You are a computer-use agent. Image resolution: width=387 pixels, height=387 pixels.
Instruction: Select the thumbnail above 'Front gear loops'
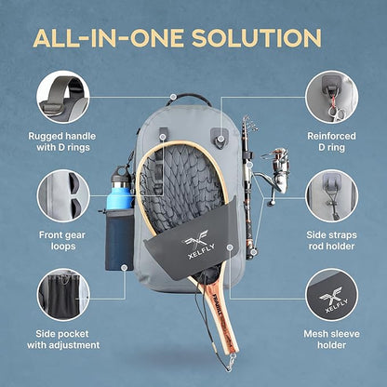63,198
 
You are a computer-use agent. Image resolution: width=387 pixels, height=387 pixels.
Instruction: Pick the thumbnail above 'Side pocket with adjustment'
63,295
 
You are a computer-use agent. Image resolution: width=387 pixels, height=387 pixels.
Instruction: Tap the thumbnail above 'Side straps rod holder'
330,196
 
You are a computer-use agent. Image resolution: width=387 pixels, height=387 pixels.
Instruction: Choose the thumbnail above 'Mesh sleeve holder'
330,295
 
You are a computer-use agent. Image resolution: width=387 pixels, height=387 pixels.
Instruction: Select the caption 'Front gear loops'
63,242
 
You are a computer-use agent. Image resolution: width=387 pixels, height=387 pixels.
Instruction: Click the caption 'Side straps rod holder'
330,242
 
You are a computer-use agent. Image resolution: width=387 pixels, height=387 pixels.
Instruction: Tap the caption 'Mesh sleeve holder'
330,340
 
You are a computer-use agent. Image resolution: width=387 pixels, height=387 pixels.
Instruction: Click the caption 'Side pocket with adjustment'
63,340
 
